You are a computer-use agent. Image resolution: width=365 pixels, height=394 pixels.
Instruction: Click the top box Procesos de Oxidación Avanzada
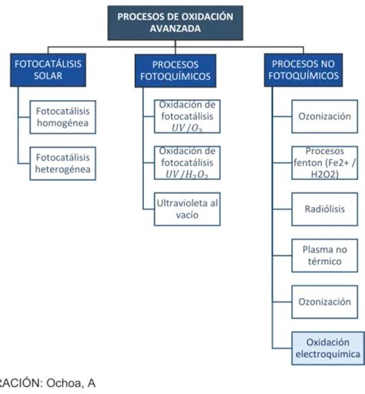click(180, 22)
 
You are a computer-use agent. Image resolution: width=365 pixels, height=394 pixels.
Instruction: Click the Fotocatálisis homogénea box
click(62, 116)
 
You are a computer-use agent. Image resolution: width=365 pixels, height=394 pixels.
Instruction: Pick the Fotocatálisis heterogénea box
click(62, 163)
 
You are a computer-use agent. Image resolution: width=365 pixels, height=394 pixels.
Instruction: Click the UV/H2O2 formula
click(187, 175)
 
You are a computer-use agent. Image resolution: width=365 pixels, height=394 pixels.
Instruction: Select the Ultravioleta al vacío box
click(187, 209)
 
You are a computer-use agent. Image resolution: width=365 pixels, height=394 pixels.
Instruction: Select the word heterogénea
click(62, 169)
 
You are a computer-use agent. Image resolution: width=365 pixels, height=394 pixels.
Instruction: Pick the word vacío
click(187, 215)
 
